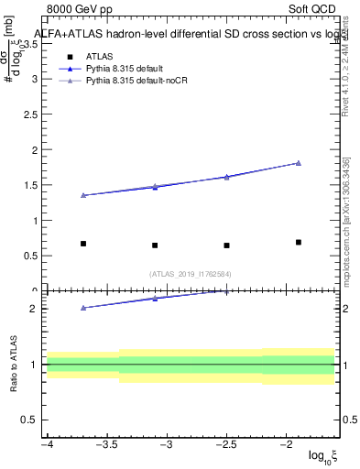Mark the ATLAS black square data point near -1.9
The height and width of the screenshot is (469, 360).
point(299,242)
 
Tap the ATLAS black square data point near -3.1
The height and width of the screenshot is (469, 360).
point(155,245)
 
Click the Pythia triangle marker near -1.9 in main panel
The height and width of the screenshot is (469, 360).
point(299,163)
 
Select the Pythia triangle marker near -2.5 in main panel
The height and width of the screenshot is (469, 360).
point(226,177)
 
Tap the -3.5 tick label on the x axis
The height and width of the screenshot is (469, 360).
point(107,444)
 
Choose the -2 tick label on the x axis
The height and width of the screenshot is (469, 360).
point(286,444)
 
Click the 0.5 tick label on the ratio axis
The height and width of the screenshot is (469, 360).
point(29,420)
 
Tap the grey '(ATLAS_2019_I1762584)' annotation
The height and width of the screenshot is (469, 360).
point(191,274)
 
